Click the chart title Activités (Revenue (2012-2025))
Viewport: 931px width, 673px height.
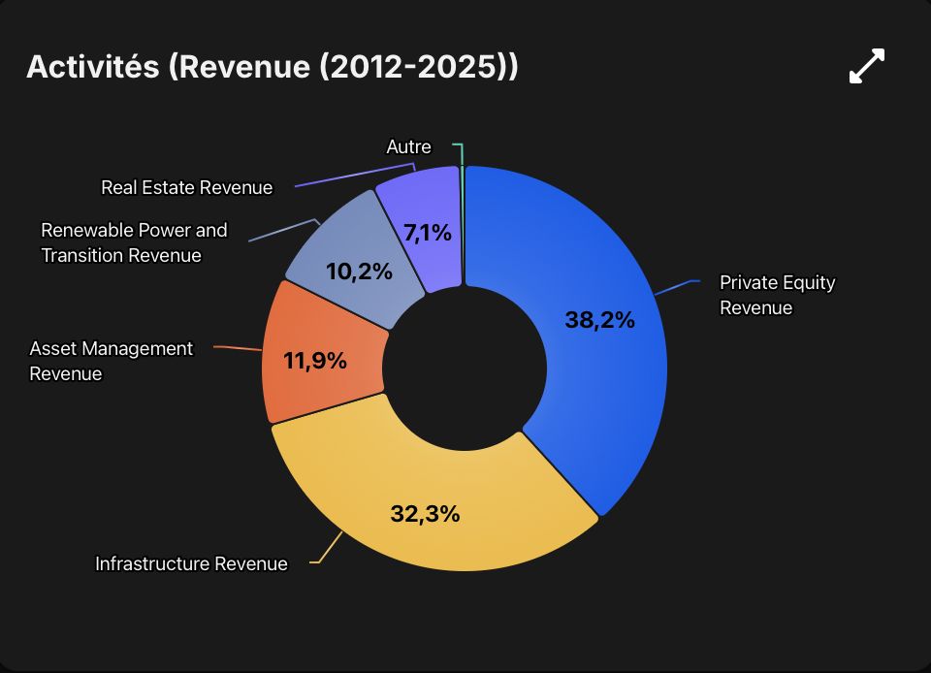pos(273,66)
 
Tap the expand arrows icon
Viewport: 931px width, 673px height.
pos(867,66)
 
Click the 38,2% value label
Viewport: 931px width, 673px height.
pos(599,320)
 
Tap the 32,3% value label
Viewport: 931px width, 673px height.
pos(425,514)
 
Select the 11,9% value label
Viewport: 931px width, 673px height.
pos(315,360)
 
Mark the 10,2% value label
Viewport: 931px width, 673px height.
pos(359,272)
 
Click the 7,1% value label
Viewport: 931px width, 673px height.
pos(428,234)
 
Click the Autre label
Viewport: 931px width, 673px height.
pos(408,146)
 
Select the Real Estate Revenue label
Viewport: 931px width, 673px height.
pos(187,187)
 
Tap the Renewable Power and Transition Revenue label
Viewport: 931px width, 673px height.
pos(134,242)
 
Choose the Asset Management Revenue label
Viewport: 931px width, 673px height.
pos(111,361)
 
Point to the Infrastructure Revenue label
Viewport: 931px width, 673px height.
pos(191,563)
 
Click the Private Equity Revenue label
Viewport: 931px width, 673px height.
pos(777,295)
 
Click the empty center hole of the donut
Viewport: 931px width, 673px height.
pos(465,368)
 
